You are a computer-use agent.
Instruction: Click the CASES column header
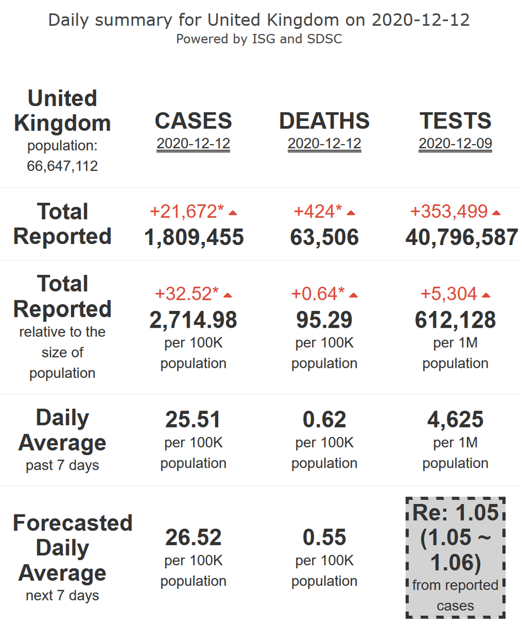(x=193, y=121)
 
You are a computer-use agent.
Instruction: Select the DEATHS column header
(x=324, y=121)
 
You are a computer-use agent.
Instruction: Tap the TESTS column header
(x=455, y=121)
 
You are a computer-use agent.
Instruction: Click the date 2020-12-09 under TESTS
(x=455, y=144)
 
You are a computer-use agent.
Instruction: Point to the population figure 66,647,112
(x=62, y=166)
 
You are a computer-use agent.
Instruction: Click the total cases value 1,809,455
(x=193, y=237)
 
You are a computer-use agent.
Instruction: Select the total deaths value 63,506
(x=324, y=237)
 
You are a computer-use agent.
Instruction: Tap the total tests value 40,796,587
(x=462, y=237)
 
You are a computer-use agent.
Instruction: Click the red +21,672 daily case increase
(x=187, y=212)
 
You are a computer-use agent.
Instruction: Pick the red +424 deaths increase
(x=318, y=212)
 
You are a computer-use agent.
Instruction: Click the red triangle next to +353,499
(x=496, y=213)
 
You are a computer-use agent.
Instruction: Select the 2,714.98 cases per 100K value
(x=193, y=320)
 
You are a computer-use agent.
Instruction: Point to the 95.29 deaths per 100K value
(x=324, y=320)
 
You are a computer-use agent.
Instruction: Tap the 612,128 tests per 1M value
(x=455, y=320)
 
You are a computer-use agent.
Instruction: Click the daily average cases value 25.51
(x=193, y=420)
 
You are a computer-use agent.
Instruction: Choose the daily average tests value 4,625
(x=455, y=420)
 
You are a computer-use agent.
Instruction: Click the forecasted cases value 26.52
(x=193, y=537)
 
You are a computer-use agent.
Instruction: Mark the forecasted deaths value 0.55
(x=324, y=537)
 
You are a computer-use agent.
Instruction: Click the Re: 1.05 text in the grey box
(x=455, y=513)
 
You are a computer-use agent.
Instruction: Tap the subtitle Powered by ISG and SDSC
(x=259, y=39)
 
